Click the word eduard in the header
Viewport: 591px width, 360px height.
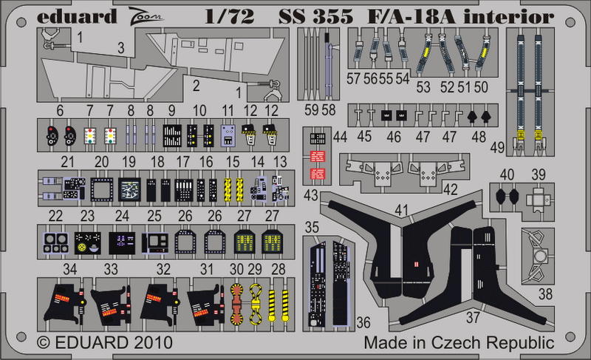77,17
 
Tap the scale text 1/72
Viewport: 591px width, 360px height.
230,17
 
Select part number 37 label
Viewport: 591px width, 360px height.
473,317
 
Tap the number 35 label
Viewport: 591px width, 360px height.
312,227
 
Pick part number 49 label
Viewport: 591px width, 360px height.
497,147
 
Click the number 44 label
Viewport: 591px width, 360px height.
340,137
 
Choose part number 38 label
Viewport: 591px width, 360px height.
545,293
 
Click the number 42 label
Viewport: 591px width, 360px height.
451,189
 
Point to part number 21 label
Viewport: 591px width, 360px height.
67,162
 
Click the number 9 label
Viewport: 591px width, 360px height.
172,110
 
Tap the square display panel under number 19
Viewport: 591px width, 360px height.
129,189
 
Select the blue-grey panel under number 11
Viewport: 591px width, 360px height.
228,136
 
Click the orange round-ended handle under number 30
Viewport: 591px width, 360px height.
236,304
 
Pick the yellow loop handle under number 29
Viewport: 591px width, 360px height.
255,304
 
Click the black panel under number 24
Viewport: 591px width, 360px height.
122,242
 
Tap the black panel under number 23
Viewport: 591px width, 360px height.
88,242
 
